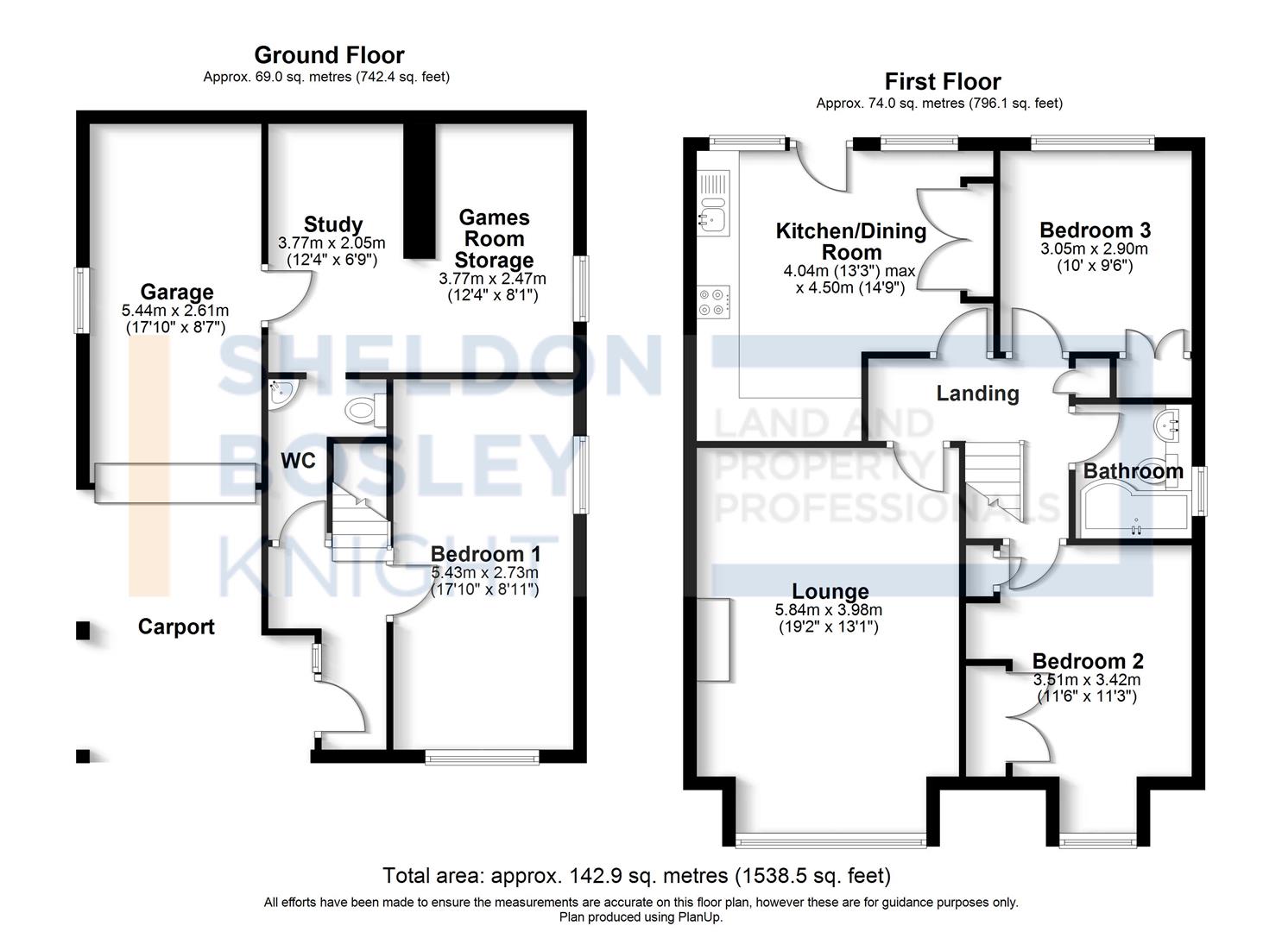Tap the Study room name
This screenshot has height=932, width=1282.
point(332,225)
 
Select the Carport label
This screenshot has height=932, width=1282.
point(175,627)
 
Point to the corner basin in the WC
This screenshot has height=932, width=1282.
point(281,393)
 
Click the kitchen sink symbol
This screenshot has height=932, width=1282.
point(713,216)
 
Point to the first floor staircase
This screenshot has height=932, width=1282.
point(995,480)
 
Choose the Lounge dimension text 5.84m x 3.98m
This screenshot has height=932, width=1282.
point(829,610)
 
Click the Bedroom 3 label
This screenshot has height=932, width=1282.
point(1095,230)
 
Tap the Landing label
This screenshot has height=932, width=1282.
point(977,394)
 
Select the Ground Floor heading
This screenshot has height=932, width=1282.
point(329,55)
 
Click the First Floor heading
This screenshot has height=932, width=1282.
point(942,82)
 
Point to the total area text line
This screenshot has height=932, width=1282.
point(636,876)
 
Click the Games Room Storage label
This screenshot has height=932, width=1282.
point(494,239)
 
